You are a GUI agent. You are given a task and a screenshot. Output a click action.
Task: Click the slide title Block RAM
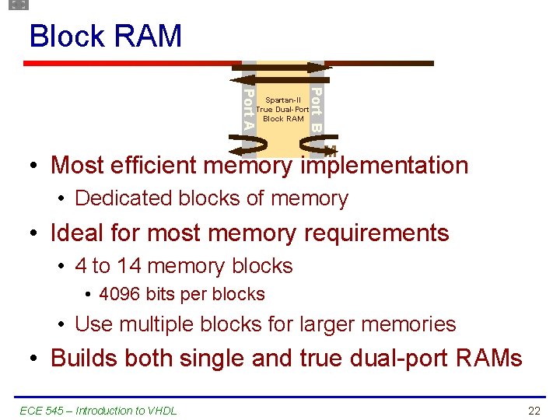click(105, 37)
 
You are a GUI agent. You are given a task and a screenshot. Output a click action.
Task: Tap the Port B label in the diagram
click(317, 110)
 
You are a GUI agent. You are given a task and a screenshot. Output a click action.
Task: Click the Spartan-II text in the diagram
click(282, 100)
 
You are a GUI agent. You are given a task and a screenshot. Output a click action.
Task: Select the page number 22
click(534, 410)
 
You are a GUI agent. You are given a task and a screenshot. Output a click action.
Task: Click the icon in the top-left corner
click(19, 5)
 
